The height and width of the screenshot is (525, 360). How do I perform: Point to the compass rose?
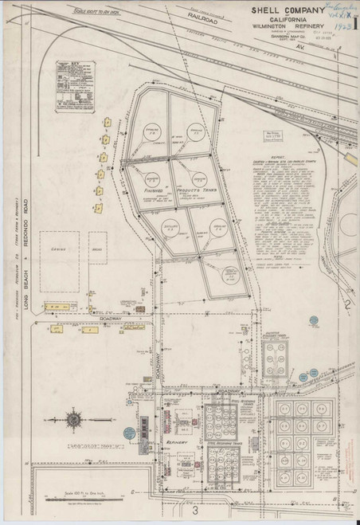pyautogui.click(x=74, y=419)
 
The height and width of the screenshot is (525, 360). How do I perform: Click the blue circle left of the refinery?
pyautogui.click(x=128, y=432)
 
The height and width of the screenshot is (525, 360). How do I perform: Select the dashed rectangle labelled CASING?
pyautogui.click(x=62, y=257)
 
